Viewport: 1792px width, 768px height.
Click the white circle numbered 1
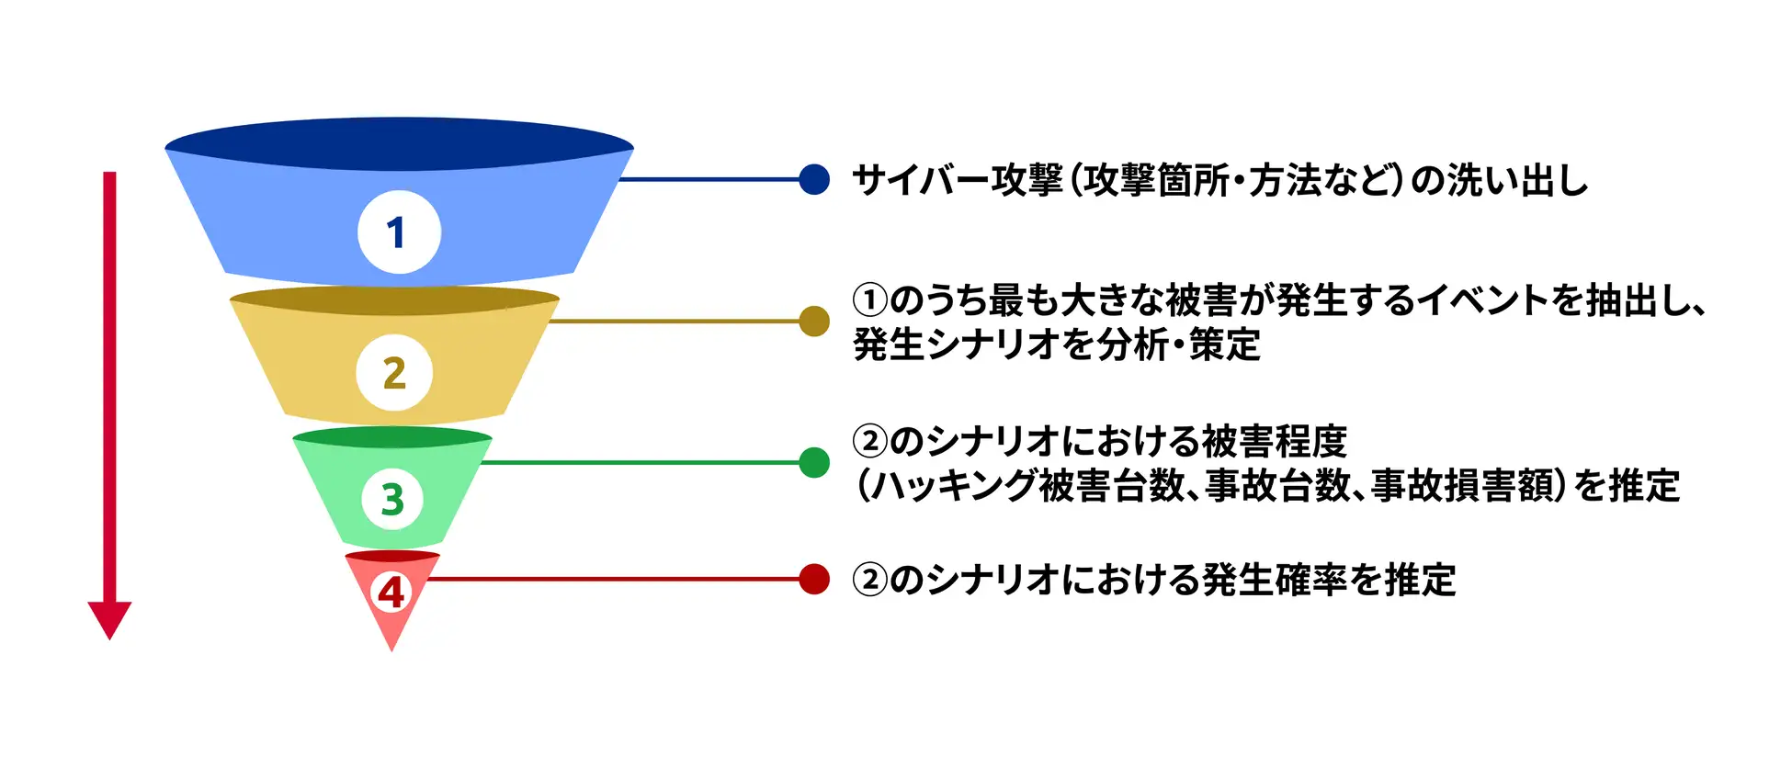pyautogui.click(x=399, y=232)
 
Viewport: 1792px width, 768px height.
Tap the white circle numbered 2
pyautogui.click(x=394, y=372)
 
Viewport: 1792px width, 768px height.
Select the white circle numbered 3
pyautogui.click(x=392, y=499)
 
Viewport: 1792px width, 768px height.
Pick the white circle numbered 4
pyautogui.click(x=391, y=592)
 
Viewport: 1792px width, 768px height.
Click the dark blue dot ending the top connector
pyautogui.click(x=814, y=179)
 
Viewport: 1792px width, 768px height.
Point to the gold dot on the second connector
pyautogui.click(x=814, y=322)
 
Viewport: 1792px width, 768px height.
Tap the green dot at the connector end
pyautogui.click(x=814, y=462)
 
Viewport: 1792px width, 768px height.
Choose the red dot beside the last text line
pyautogui.click(x=814, y=579)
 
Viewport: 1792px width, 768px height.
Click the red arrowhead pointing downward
pyautogui.click(x=109, y=620)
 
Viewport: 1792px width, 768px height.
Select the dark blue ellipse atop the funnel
pyautogui.click(x=399, y=145)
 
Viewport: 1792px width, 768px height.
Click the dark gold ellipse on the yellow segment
pyautogui.click(x=394, y=300)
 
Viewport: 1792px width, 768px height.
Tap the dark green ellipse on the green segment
pyautogui.click(x=392, y=437)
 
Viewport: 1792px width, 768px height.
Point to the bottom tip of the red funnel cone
pyautogui.click(x=391, y=651)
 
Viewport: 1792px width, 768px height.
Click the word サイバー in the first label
pyautogui.click(x=921, y=180)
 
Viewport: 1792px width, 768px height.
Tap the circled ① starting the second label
pyautogui.click(x=869, y=300)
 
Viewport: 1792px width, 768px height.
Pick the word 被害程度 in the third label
pyautogui.click(x=1275, y=442)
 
